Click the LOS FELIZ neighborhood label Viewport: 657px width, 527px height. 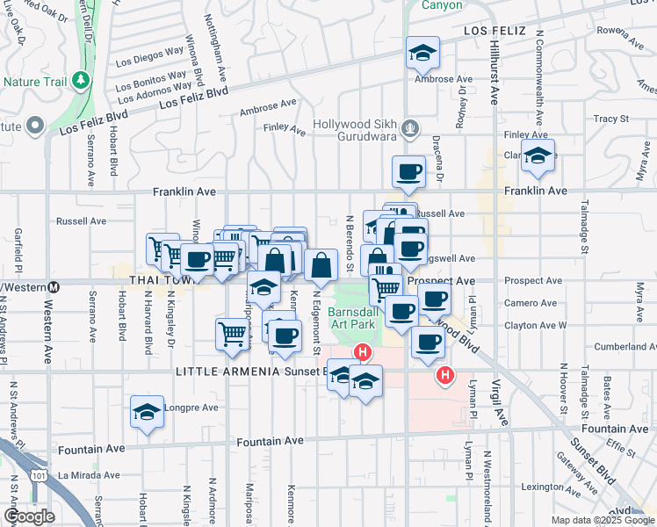pos(495,31)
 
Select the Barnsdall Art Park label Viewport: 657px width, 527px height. pos(351,318)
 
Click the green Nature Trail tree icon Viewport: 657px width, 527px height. pos(82,81)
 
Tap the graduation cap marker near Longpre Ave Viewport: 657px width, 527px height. pos(148,412)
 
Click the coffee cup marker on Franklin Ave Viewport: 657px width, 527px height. pos(408,172)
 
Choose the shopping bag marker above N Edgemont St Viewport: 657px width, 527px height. pos(322,264)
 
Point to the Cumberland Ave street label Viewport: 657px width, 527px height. pos(625,347)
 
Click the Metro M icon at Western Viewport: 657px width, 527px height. pos(54,286)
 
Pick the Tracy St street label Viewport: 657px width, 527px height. pos(611,118)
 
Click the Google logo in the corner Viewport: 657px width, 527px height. pos(29,516)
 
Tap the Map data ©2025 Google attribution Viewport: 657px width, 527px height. pos(602,520)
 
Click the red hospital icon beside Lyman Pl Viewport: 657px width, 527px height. pos(445,375)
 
